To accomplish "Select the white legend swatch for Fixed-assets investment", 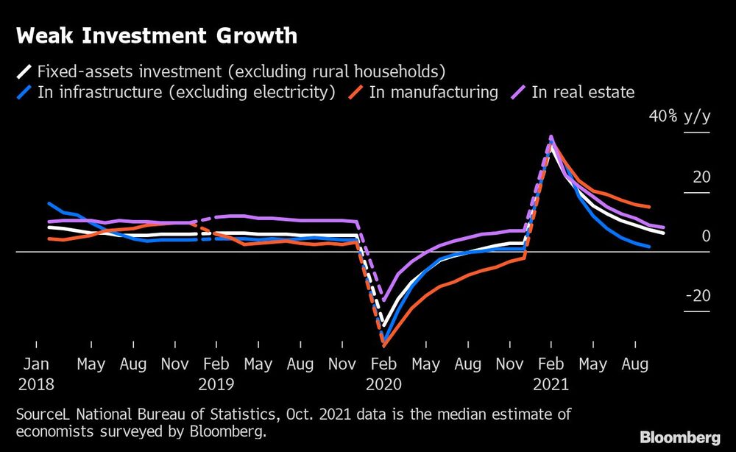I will tap(24, 72).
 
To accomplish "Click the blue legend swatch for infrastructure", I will tap(24, 93).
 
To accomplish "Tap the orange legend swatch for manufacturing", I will tap(356, 93).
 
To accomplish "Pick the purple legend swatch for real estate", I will tap(519, 93).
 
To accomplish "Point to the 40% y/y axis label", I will tap(679, 117).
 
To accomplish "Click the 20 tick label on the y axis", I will tap(701, 177).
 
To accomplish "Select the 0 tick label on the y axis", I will tap(706, 236).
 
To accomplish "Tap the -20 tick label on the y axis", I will tap(698, 296).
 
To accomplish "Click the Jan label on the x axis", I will tap(36, 364).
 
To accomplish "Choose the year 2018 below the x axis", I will tap(37, 384).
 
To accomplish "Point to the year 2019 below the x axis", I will tap(216, 384).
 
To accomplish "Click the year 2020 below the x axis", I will tap(383, 384).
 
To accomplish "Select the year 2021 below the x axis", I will tap(551, 384).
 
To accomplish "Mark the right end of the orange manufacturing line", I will tap(648, 207).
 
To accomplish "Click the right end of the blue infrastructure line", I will tap(648, 247).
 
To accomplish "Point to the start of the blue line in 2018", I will tap(49, 204).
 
